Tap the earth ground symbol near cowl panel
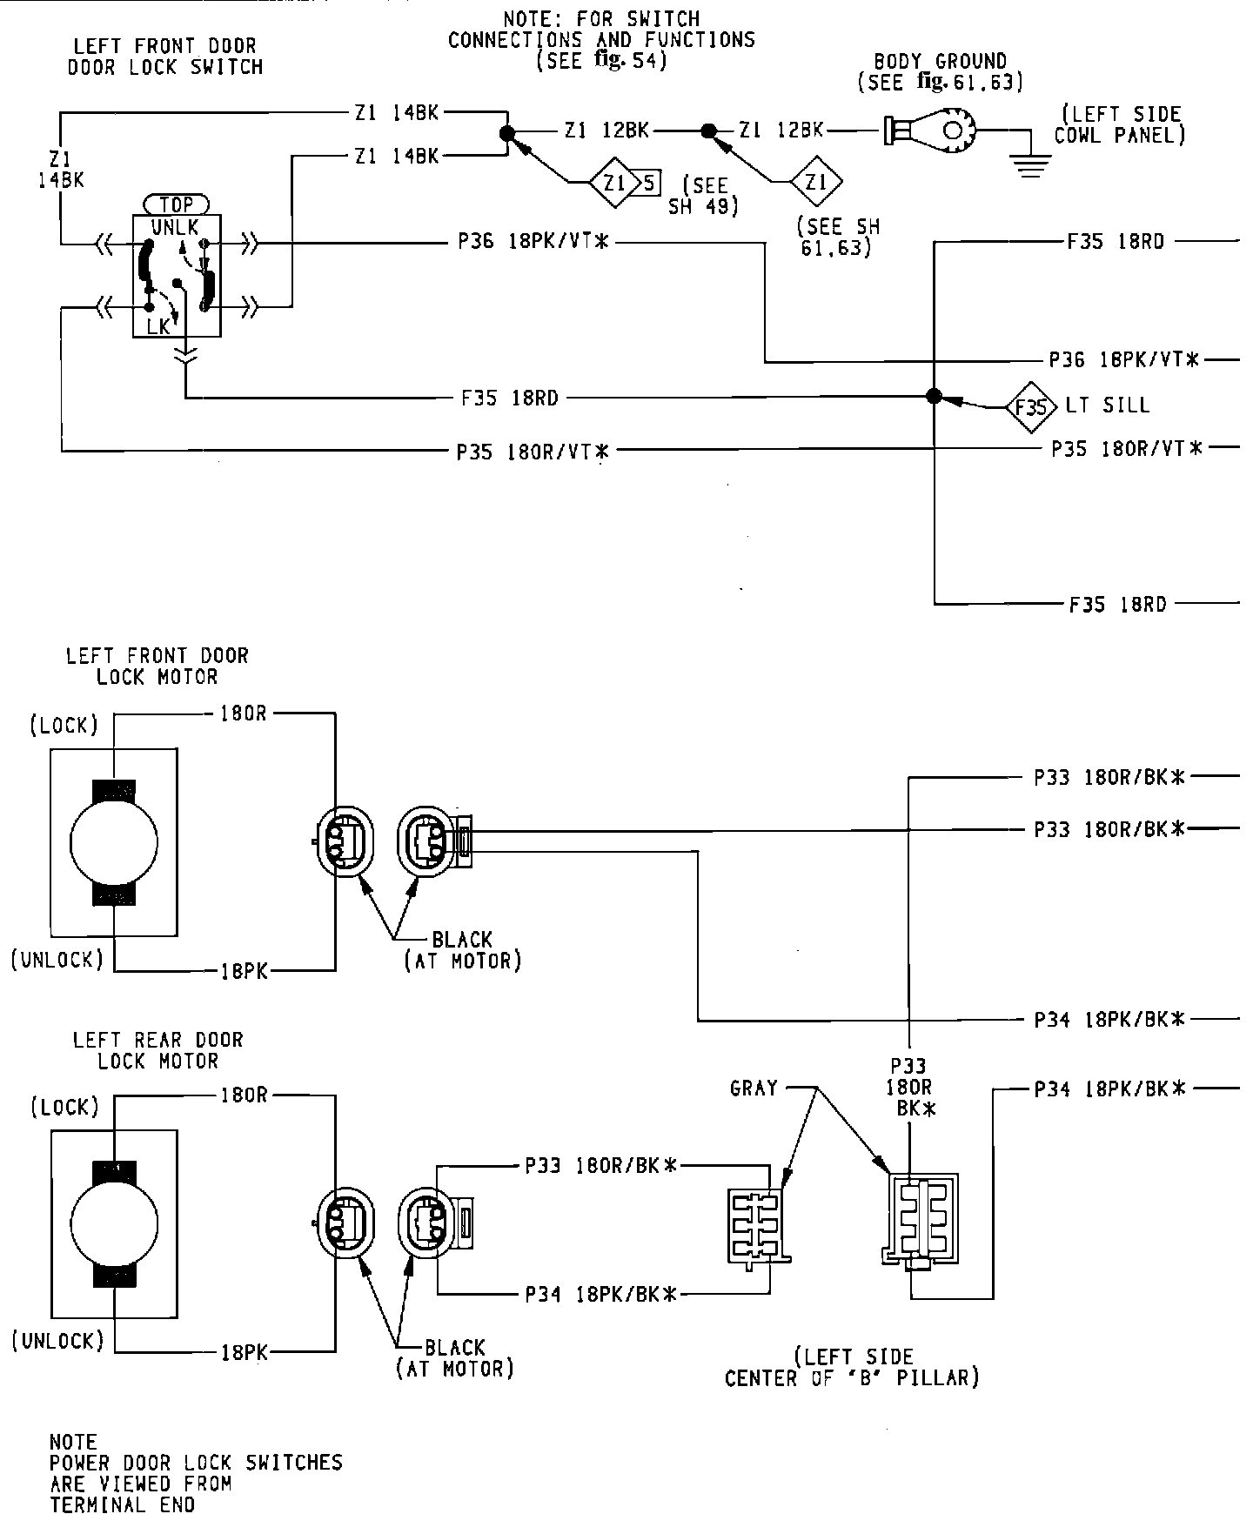click(1031, 165)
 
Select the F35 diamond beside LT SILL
click(1030, 406)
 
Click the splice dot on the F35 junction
click(934, 397)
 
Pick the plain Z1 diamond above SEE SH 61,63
click(816, 183)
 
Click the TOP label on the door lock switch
click(177, 205)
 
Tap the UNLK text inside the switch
click(174, 227)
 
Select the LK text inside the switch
click(158, 326)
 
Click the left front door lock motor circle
click(114, 842)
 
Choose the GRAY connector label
click(754, 1088)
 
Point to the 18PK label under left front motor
click(244, 972)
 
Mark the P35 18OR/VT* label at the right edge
click(1127, 448)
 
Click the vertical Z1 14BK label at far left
click(60, 169)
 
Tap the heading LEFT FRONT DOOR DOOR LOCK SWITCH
click(165, 57)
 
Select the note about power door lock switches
click(196, 1473)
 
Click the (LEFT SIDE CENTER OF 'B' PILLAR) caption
click(852, 1367)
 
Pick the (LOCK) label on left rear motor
click(64, 1107)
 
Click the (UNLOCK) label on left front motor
click(57, 959)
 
